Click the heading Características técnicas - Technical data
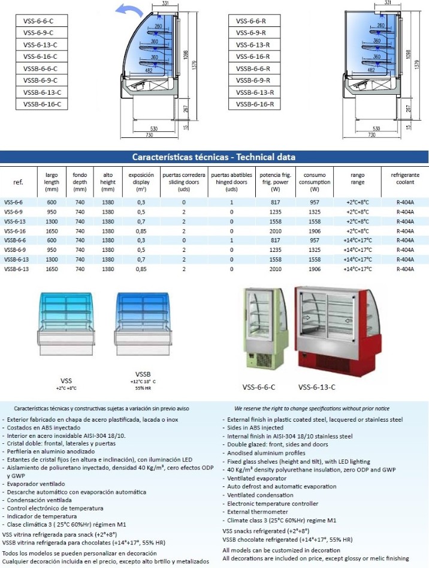pos(213,157)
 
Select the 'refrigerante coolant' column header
pos(405,178)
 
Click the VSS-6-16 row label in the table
pos(14,231)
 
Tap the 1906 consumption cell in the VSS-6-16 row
pos(310,231)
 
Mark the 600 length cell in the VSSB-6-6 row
pos(52,240)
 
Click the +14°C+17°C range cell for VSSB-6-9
pos(357,250)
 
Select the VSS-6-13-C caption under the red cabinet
pos(316,387)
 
